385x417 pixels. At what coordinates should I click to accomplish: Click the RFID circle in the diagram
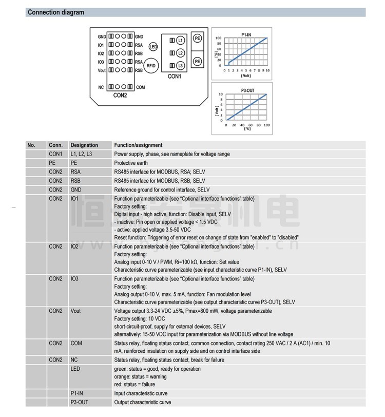[x=151, y=66]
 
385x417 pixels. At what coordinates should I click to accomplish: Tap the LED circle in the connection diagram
[x=152, y=47]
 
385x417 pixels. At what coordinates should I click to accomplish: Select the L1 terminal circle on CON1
[x=180, y=40]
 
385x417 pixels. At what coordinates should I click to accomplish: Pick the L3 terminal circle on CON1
[x=180, y=66]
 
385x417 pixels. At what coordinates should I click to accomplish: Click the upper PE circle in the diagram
[x=197, y=38]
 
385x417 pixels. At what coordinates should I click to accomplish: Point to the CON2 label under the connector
[x=120, y=95]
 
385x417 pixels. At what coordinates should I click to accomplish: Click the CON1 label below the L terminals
[x=175, y=77]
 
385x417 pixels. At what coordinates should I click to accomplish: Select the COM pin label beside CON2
[x=140, y=87]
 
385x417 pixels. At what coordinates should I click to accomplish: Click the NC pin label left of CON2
[x=101, y=87]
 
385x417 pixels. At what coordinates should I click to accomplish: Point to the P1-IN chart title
[x=246, y=34]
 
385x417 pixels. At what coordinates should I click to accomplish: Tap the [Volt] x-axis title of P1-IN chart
[x=246, y=75]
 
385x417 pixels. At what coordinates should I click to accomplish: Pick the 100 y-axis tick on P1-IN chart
[x=218, y=38]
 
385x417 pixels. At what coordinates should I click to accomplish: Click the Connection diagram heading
[x=56, y=12]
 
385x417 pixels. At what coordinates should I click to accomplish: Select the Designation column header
[x=84, y=145]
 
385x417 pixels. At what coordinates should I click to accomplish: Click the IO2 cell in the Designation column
[x=75, y=247]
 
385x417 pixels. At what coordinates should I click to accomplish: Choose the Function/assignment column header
[x=138, y=145]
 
